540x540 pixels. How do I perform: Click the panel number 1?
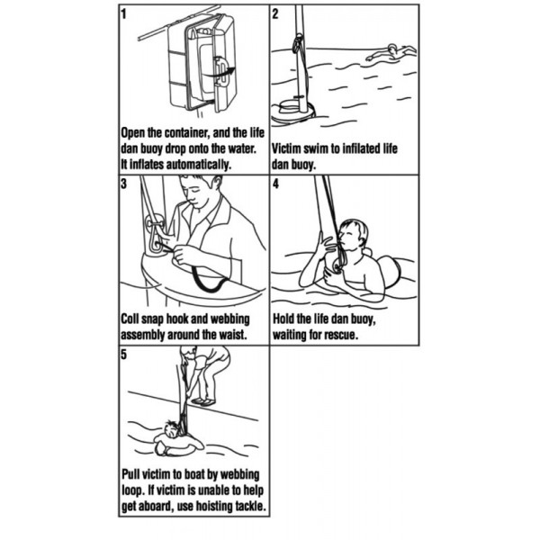[x=124, y=14]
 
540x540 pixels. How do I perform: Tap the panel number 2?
[x=274, y=14]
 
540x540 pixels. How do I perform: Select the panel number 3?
[x=124, y=184]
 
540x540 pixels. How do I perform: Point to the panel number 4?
[x=275, y=184]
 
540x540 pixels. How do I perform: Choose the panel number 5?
[x=124, y=355]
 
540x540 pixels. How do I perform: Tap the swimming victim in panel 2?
[x=391, y=53]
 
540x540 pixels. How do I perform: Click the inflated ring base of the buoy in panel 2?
[x=292, y=112]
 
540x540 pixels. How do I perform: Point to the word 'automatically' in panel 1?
[x=198, y=165]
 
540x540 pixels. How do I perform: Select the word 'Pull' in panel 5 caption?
[x=130, y=474]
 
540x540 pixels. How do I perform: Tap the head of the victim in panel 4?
[x=352, y=235]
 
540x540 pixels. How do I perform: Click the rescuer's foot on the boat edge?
[x=203, y=401]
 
